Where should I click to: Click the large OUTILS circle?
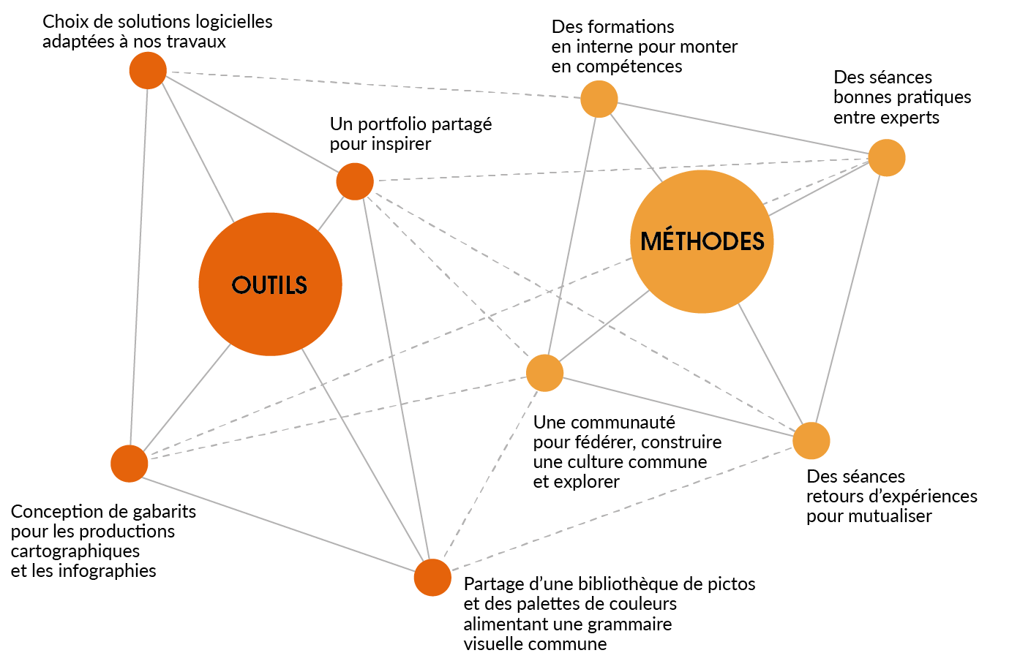click(x=270, y=284)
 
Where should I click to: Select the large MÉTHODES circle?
click(x=702, y=241)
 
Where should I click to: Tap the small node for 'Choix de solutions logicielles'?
click(x=148, y=70)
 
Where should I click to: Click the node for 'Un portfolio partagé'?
click(x=355, y=181)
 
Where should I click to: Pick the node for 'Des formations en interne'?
click(x=599, y=99)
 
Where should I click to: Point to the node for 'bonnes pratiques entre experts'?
click(x=887, y=158)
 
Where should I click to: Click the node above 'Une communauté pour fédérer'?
click(x=544, y=373)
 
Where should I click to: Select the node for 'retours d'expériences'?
click(x=811, y=441)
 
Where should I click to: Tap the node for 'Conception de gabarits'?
click(x=130, y=464)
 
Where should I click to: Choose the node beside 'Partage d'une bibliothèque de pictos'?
click(x=432, y=578)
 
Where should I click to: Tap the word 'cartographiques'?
click(x=75, y=551)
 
